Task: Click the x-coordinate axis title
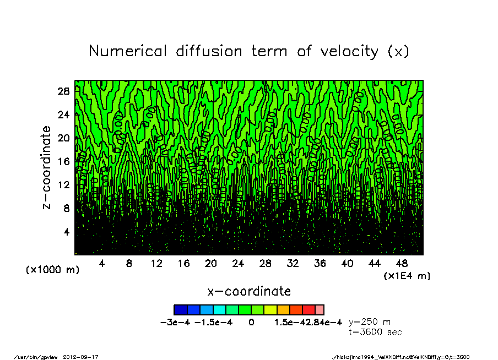pos(249,291)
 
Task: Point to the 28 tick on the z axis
pos(63,91)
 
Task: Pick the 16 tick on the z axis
pos(63,161)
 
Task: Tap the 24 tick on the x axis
pos(238,264)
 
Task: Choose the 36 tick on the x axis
pos(320,264)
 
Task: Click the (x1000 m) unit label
pos(52,270)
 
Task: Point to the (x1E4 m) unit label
pos(407,275)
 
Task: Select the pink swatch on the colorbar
pos(320,310)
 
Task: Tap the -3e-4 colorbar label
pos(172,322)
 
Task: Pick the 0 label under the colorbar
pos(251,322)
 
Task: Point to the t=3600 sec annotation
pos(376,332)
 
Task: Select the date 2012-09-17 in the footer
pos(85,357)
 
